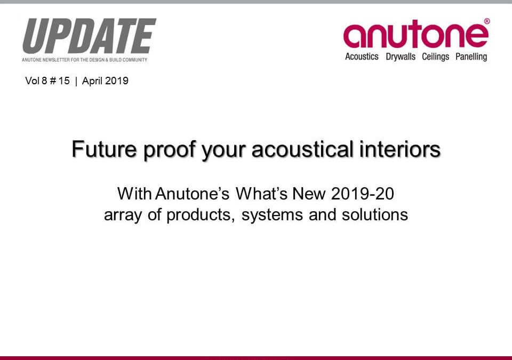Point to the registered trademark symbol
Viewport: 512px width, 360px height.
pos(486,21)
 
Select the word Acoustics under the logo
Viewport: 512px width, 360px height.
pos(362,57)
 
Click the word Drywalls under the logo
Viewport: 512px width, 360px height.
pos(401,57)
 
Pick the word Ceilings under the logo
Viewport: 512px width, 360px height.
pos(436,57)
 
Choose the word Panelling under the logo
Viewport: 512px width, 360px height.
pos(471,57)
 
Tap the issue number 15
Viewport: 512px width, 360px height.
pos(64,81)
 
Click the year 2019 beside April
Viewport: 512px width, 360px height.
pos(117,81)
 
